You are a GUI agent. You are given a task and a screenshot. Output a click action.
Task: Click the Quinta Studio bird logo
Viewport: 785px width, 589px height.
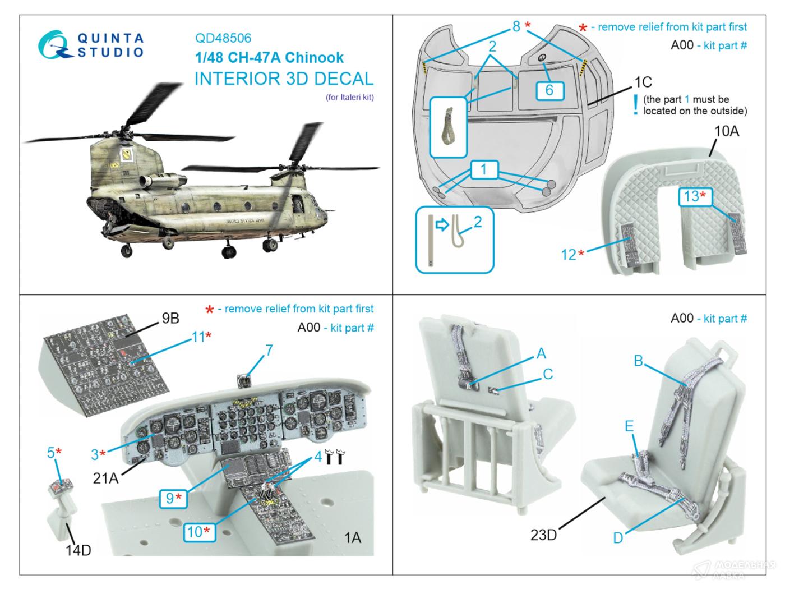pyautogui.click(x=54, y=44)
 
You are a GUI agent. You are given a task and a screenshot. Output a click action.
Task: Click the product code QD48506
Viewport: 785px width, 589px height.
pyautogui.click(x=223, y=38)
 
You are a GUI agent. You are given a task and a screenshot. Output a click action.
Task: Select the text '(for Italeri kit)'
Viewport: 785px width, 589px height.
pyautogui.click(x=349, y=97)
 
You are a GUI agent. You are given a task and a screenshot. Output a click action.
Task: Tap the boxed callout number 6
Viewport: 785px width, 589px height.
pyautogui.click(x=549, y=90)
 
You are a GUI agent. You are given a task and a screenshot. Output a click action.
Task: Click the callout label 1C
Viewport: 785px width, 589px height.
pyautogui.click(x=643, y=82)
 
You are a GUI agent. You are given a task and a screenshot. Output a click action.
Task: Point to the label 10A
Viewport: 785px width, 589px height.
pyautogui.click(x=727, y=131)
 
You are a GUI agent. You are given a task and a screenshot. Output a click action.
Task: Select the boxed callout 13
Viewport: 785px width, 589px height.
pyautogui.click(x=695, y=196)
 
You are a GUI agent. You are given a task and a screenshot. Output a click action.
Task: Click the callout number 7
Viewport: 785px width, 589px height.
pyautogui.click(x=269, y=351)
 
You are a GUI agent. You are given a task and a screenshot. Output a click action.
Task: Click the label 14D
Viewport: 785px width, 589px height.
pyautogui.click(x=78, y=550)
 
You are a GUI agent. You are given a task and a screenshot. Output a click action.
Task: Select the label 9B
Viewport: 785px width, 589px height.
pyautogui.click(x=170, y=318)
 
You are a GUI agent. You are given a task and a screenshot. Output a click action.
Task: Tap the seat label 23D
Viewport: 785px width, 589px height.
pyautogui.click(x=543, y=535)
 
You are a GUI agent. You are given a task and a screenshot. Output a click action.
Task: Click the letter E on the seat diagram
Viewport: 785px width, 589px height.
pyautogui.click(x=629, y=426)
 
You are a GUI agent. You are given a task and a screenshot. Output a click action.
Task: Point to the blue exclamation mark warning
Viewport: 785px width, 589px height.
pyautogui.click(x=635, y=105)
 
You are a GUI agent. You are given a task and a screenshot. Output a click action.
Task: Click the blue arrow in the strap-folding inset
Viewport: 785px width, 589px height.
pyautogui.click(x=442, y=225)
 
